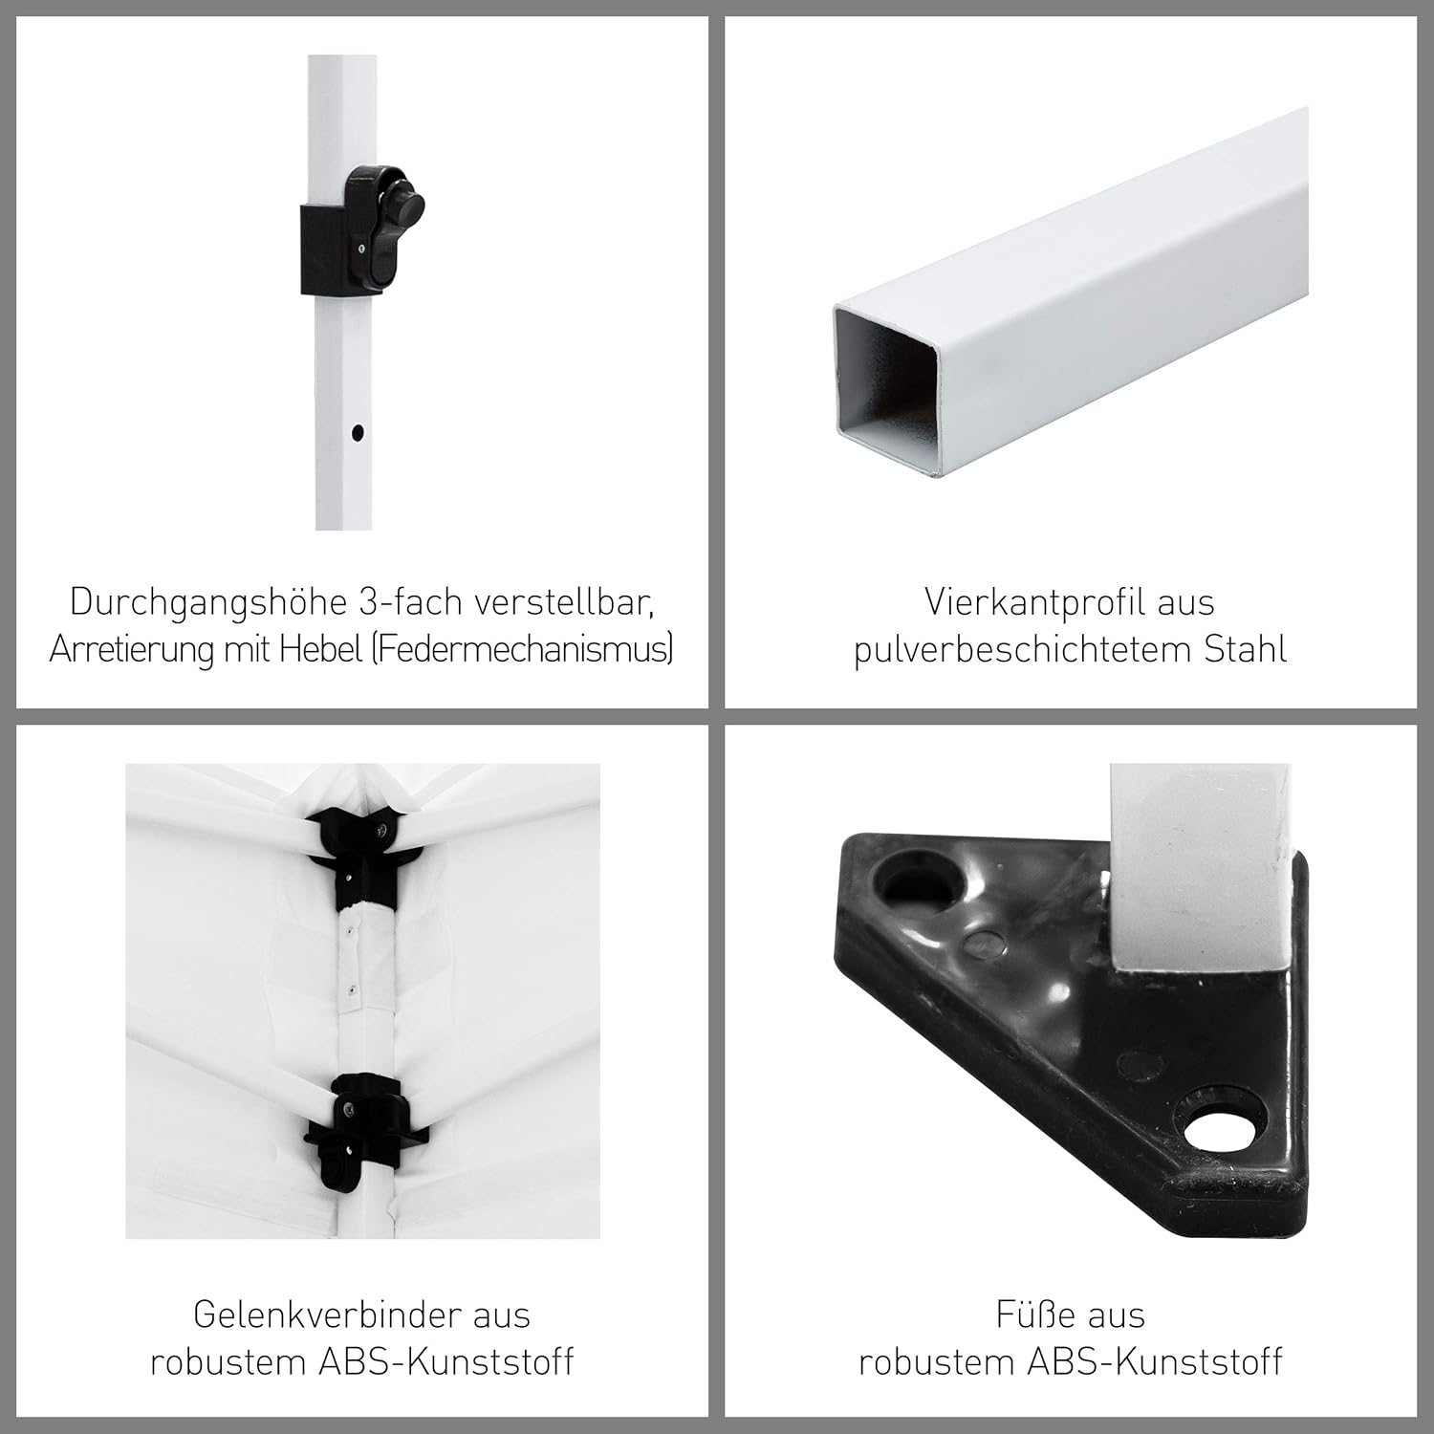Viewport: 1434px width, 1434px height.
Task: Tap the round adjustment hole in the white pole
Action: pos(358,432)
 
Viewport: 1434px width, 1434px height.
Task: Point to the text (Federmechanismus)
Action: pos(522,650)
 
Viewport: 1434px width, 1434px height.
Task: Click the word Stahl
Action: pos(1245,650)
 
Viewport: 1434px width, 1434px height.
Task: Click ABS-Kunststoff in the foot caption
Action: pos(1155,1361)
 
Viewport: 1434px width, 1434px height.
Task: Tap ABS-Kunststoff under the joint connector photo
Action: pos(445,1361)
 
